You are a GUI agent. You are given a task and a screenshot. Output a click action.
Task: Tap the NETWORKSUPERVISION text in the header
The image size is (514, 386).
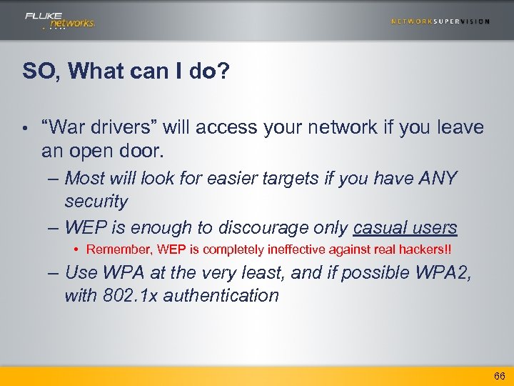tap(440, 21)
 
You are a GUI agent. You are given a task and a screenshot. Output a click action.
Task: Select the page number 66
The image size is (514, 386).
tap(499, 376)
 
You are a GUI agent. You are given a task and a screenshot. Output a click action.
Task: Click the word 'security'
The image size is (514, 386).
tap(96, 202)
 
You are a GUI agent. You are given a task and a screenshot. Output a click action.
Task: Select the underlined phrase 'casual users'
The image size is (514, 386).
tap(405, 228)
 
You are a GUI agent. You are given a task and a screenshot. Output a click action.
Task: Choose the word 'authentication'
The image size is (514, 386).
tap(221, 296)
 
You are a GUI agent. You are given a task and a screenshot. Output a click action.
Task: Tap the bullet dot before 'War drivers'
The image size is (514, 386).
tap(25, 129)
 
